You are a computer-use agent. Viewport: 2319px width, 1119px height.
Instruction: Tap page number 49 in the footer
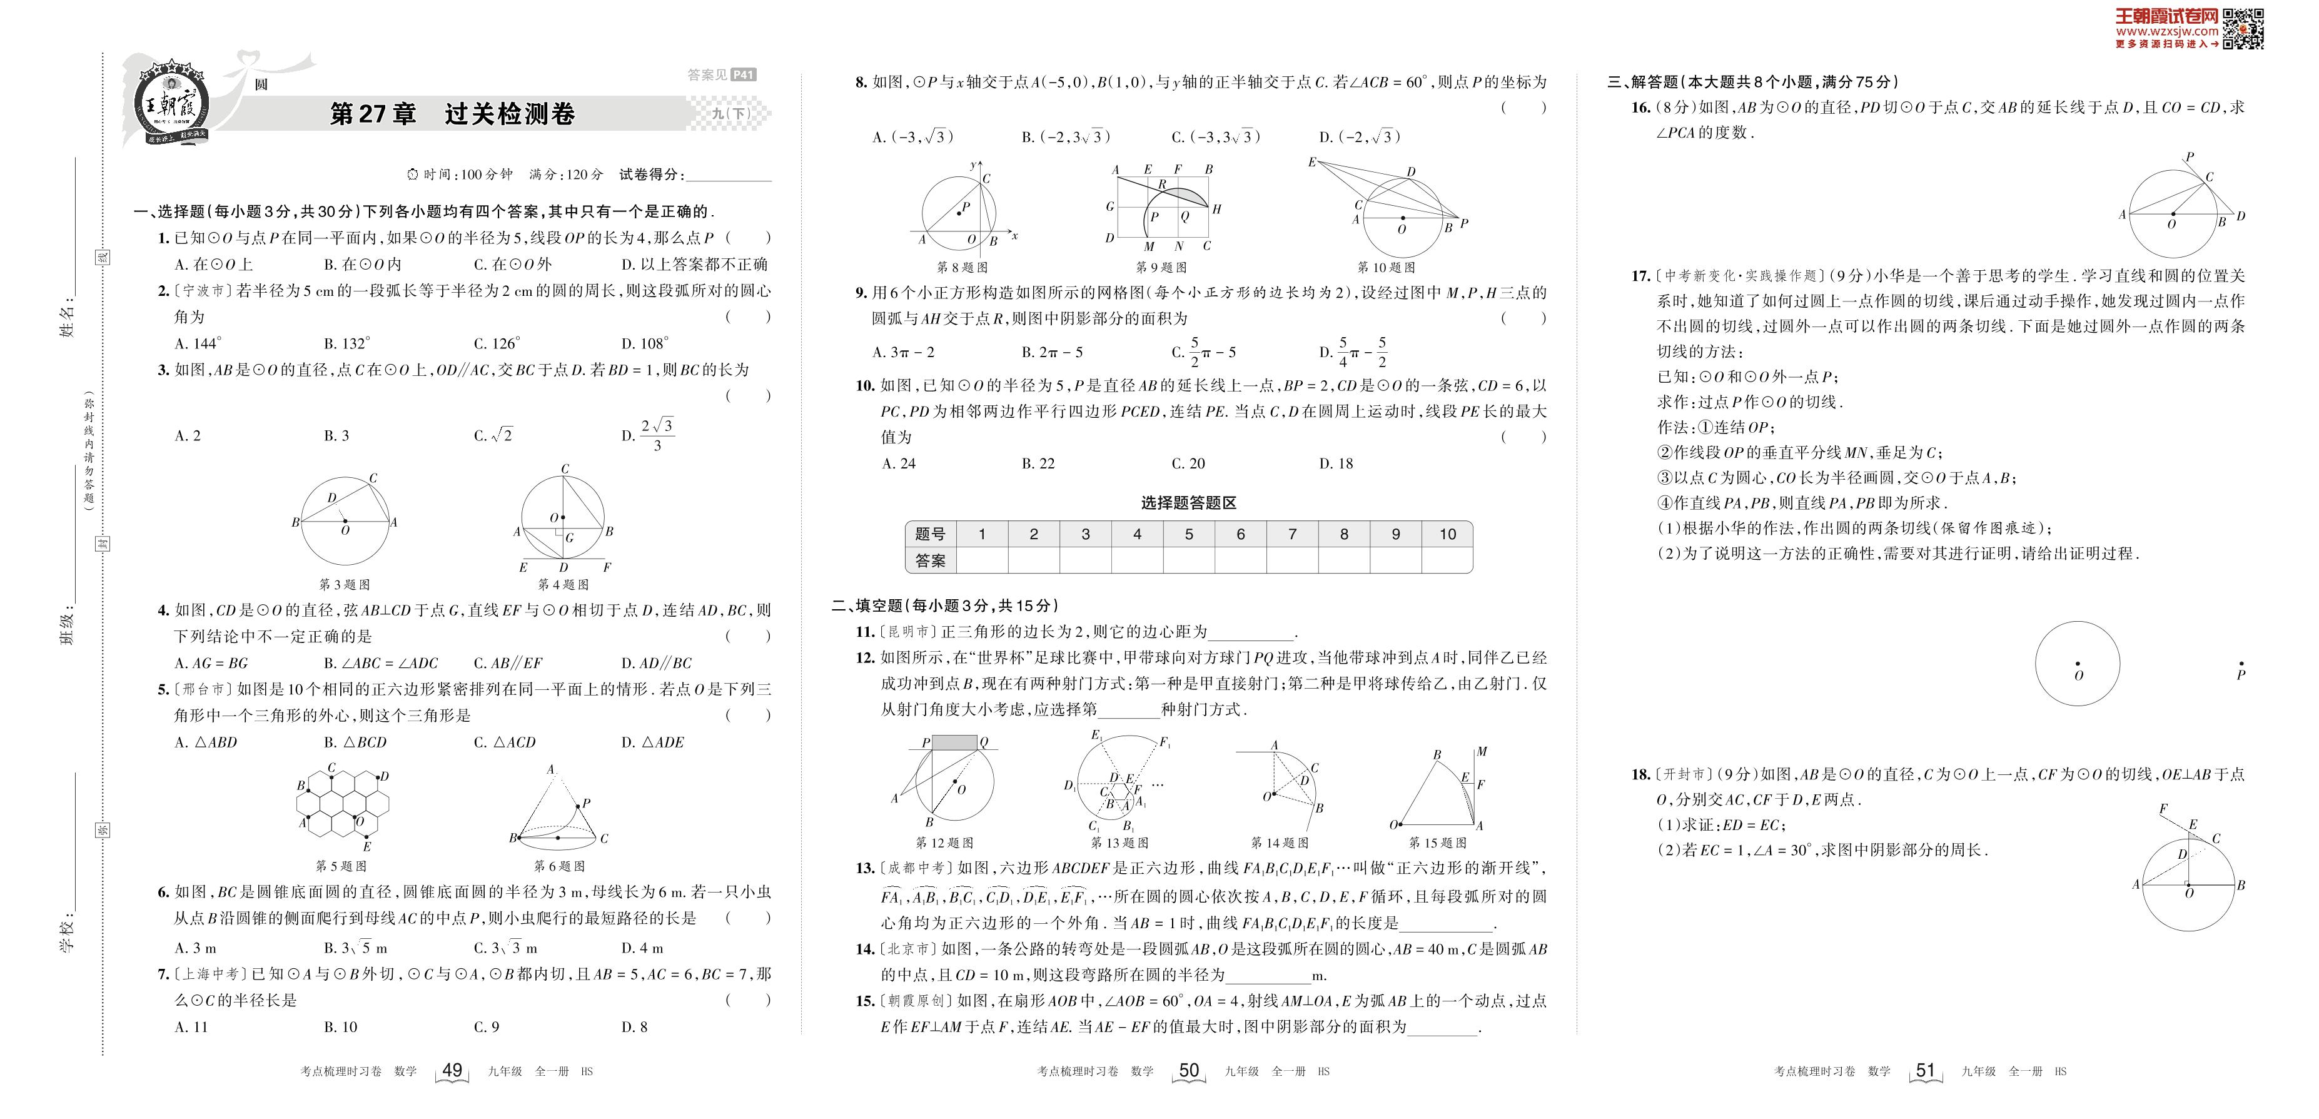pos(452,1070)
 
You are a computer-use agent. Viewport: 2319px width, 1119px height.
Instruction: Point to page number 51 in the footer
pos(1925,1070)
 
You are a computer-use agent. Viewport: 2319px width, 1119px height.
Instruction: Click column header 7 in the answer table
pos(1292,534)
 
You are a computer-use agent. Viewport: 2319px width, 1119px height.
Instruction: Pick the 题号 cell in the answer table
pos(930,534)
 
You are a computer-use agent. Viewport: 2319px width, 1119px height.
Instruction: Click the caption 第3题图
pos(344,584)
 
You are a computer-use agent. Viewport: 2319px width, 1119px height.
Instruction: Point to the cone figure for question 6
pos(558,808)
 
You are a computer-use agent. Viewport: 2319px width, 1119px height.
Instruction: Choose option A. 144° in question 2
pos(198,343)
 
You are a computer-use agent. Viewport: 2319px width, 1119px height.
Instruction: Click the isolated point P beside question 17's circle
pos(2241,664)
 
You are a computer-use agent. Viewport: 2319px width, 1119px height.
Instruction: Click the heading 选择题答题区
pos(1188,502)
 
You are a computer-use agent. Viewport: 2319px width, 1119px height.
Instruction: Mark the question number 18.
pos(1640,774)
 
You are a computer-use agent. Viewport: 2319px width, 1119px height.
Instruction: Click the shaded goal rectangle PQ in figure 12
pos(954,742)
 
